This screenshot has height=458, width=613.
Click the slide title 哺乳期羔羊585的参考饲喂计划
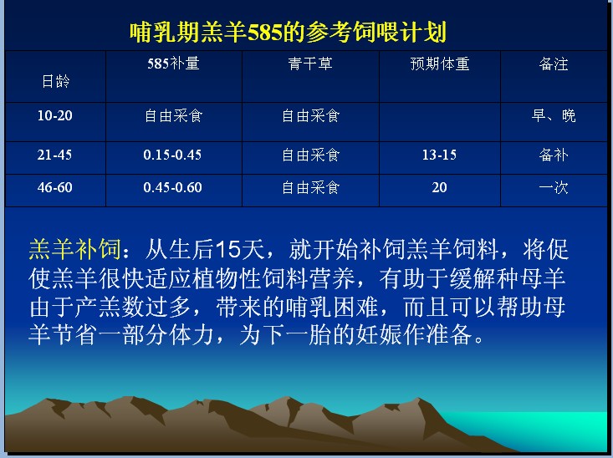[x=289, y=32]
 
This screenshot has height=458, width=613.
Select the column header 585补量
[x=173, y=64]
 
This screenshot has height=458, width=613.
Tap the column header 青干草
[x=310, y=64]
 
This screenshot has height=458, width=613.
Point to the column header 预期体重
[x=439, y=64]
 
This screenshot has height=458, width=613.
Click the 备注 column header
[x=553, y=64]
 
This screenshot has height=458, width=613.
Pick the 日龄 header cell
[x=55, y=81]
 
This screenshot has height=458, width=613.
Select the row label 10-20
[x=54, y=115]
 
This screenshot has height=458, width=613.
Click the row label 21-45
[x=54, y=155]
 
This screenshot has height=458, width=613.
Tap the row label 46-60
[x=54, y=187]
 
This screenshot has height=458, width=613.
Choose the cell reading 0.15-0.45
[x=172, y=155]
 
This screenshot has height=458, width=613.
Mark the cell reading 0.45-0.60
[x=172, y=187]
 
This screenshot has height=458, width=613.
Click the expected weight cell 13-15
[x=439, y=155]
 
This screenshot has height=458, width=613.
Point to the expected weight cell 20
[x=439, y=187]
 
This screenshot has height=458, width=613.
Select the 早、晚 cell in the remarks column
[x=554, y=115]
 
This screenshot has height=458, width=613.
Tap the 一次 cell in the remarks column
[x=553, y=188]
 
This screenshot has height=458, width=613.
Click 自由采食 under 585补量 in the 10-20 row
[x=173, y=116]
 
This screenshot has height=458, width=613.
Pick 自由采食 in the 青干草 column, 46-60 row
[x=311, y=188]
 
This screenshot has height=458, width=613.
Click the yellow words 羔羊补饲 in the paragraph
[x=74, y=249]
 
